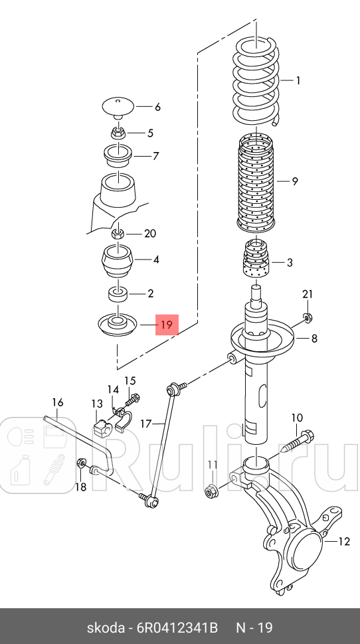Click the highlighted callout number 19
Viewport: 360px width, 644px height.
coord(167,325)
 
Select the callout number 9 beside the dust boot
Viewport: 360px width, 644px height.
coord(295,181)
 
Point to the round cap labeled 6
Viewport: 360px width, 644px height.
coord(118,108)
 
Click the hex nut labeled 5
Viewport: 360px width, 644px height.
coord(118,133)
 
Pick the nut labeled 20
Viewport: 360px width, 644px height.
coord(118,234)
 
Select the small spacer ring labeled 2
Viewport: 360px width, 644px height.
coord(118,295)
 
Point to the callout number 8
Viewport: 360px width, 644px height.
coord(314,339)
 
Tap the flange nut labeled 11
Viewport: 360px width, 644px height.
coord(211,489)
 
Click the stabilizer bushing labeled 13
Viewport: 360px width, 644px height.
coord(101,427)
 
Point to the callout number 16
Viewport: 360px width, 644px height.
coord(58,402)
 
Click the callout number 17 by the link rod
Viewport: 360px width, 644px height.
coord(146,423)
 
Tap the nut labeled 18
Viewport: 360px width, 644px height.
coord(81,463)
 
